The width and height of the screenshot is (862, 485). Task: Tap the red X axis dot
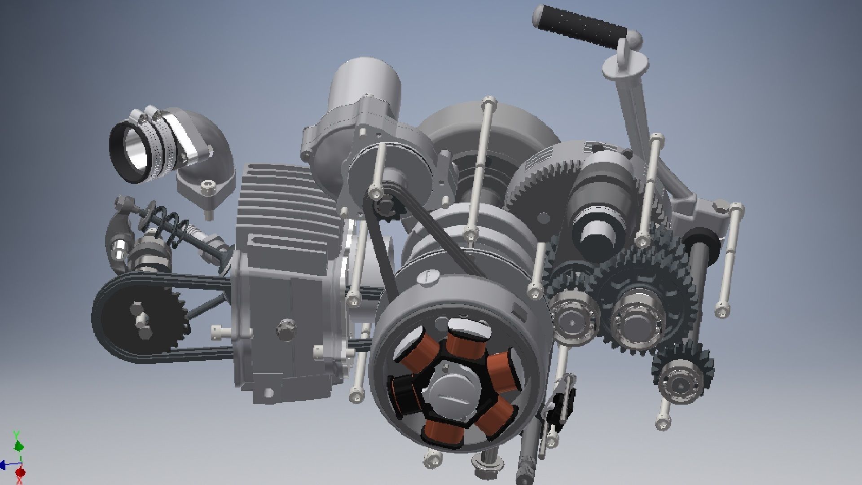coord(20,472)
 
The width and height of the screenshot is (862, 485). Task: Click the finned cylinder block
coord(287,211)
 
